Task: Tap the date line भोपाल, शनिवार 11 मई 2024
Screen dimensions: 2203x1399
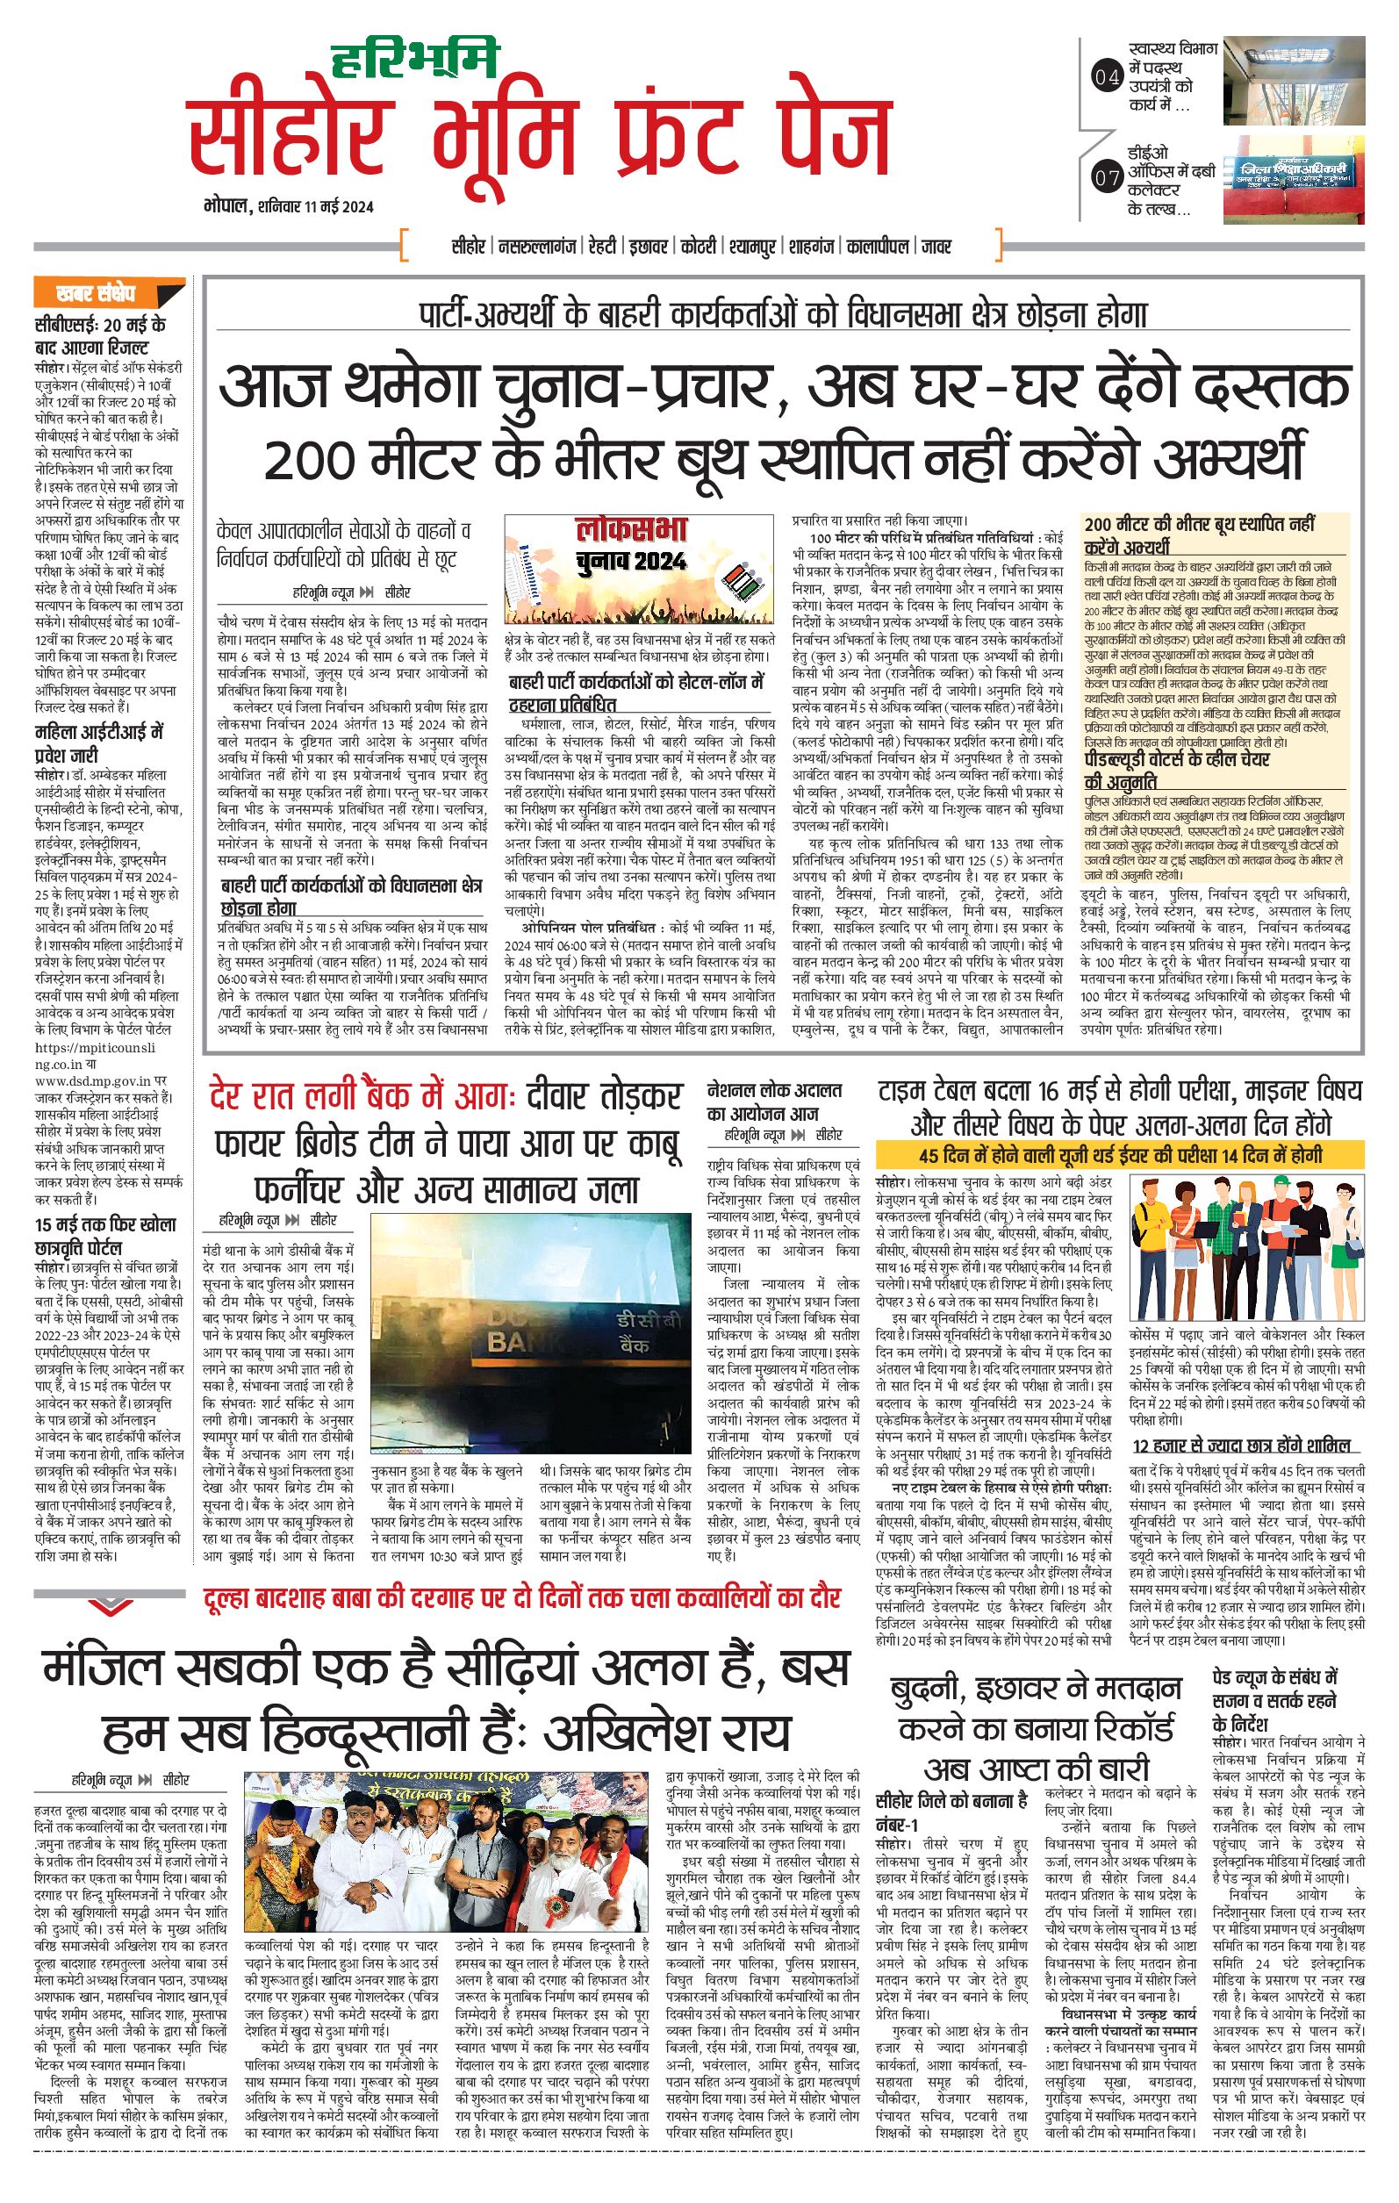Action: coord(288,207)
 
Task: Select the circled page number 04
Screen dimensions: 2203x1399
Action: coord(1106,77)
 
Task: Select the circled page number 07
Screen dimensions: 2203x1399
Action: coord(1106,176)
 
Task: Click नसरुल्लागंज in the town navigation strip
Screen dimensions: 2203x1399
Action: coord(536,246)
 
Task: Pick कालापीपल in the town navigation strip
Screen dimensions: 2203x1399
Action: coord(878,246)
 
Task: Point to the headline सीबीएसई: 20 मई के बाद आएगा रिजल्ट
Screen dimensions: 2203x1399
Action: coord(101,336)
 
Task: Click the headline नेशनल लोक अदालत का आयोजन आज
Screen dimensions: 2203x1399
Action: coord(774,1101)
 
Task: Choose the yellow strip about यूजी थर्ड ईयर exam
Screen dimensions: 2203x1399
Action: coord(1119,1155)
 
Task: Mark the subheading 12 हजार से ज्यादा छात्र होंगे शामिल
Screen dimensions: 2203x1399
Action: coord(1240,1446)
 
